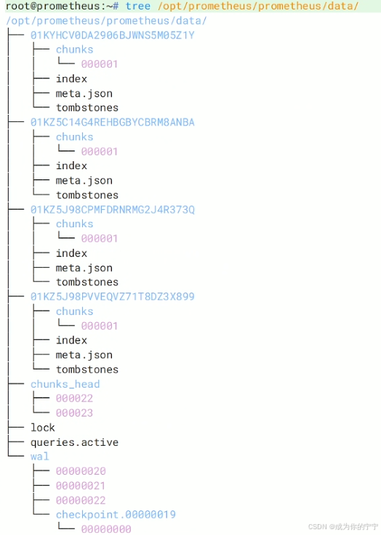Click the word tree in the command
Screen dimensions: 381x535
click(137, 6)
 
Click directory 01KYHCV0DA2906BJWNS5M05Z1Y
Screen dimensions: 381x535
click(113, 35)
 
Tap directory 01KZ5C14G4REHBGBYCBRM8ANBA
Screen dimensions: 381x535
click(113, 122)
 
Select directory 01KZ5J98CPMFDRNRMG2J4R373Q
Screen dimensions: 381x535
click(113, 210)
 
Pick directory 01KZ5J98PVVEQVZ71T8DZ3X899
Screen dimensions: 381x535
click(113, 296)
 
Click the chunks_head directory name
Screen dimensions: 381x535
click(65, 384)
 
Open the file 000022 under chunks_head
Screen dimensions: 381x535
click(74, 399)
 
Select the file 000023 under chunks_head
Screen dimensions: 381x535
click(74, 413)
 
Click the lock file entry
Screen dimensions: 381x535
click(43, 428)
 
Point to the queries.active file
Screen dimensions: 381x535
click(74, 443)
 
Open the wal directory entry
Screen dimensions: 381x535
click(40, 457)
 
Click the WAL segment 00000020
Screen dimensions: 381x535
click(81, 471)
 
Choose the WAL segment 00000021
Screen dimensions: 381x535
click(81, 486)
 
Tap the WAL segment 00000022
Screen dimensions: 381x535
click(81, 501)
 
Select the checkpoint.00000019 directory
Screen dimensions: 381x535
click(116, 515)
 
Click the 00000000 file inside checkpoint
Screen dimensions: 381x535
click(106, 529)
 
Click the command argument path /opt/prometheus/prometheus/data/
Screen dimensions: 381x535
click(258, 6)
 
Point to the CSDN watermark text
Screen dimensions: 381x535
click(343, 526)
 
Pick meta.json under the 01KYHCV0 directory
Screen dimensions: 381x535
click(84, 94)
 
